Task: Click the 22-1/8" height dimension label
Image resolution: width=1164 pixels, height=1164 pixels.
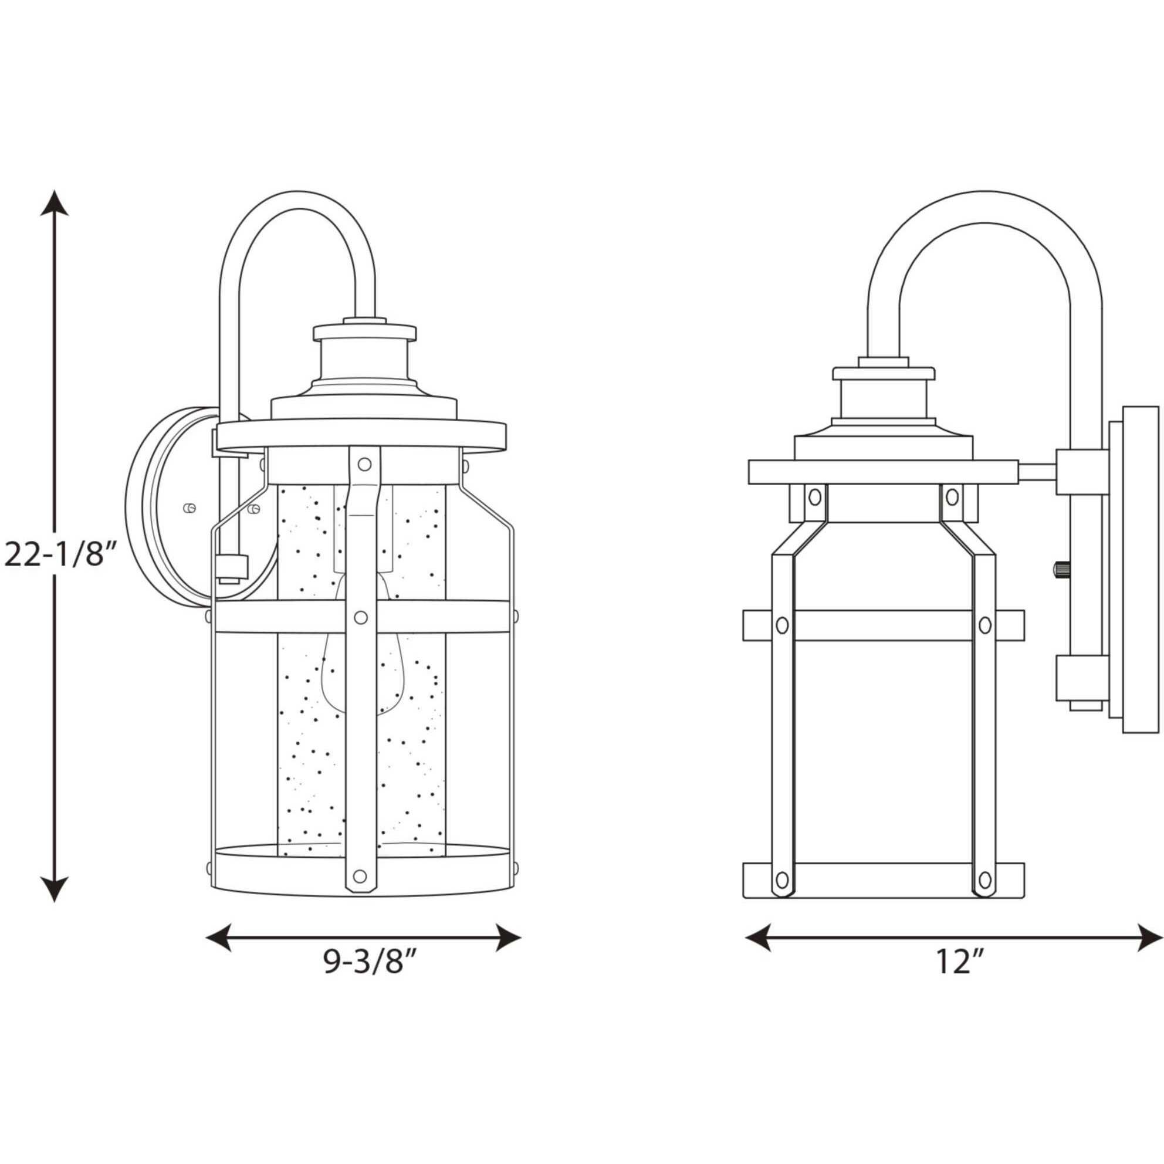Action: click(x=59, y=556)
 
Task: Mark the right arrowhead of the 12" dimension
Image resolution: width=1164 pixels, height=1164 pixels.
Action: click(x=1149, y=938)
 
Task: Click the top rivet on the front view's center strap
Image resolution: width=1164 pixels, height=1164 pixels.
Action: click(x=364, y=464)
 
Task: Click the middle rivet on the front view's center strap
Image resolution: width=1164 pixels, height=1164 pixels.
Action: click(x=361, y=618)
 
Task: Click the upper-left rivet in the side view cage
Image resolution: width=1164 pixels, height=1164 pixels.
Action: click(x=814, y=498)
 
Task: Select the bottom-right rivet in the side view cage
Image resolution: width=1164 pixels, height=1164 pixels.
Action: click(x=984, y=880)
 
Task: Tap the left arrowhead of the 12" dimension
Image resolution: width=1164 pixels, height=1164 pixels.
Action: click(x=759, y=938)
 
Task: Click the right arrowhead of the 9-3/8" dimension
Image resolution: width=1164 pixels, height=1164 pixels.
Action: click(x=507, y=938)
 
